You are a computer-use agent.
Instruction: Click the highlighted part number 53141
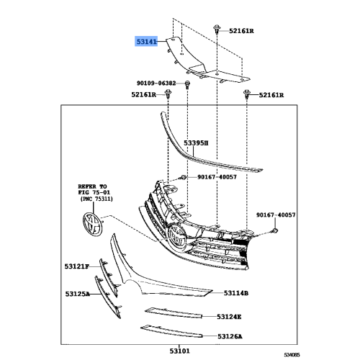[148, 42]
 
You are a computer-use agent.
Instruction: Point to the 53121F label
[76, 267]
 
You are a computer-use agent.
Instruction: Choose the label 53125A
[76, 294]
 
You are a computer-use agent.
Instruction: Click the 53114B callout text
[235, 293]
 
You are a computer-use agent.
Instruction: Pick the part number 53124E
[230, 316]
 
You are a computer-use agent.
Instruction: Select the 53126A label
[230, 336]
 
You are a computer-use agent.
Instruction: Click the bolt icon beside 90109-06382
[187, 85]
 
